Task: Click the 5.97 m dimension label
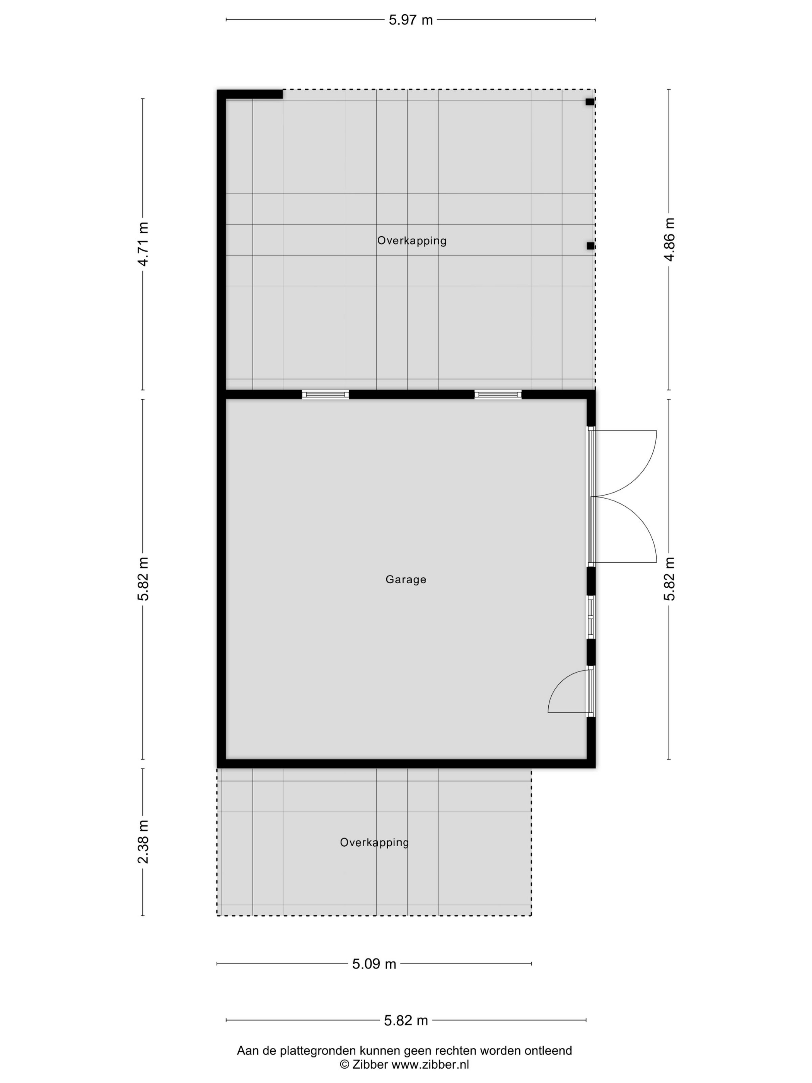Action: (411, 20)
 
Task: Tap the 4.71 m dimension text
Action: (143, 244)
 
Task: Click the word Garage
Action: (406, 580)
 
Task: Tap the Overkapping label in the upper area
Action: (412, 241)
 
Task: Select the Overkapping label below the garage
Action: (374, 842)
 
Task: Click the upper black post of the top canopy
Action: (590, 102)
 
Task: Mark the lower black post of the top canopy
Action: (591, 246)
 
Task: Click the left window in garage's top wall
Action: (326, 395)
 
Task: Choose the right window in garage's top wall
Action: (498, 395)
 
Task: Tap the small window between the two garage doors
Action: (591, 617)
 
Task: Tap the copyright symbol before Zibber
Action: (345, 1065)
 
